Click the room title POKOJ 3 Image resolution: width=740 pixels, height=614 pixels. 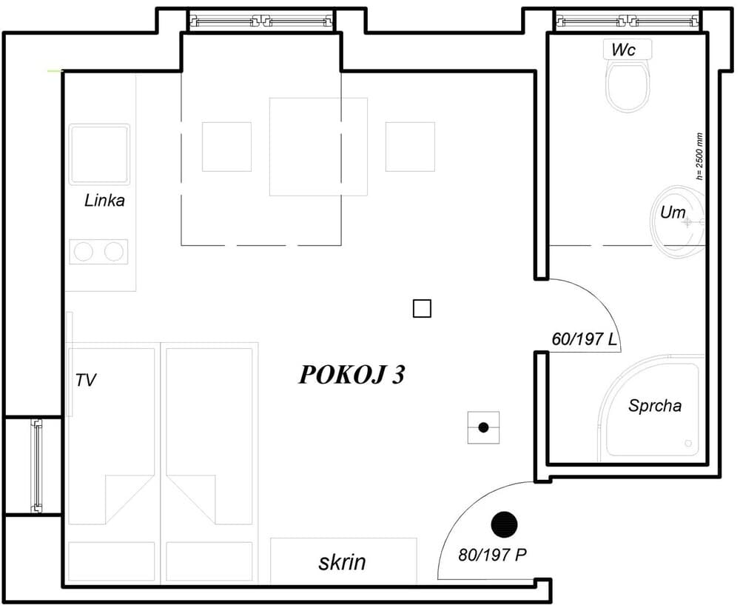click(x=351, y=375)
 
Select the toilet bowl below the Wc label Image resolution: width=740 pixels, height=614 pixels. click(x=628, y=85)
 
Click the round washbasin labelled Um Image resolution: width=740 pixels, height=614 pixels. click(x=679, y=220)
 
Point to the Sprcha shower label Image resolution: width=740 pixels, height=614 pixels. click(x=654, y=406)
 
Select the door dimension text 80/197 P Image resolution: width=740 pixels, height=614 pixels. click(x=492, y=555)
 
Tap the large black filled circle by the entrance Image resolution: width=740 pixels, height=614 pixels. click(x=504, y=524)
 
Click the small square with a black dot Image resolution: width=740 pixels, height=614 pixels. click(x=483, y=427)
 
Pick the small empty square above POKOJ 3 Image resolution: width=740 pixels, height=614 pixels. click(x=422, y=309)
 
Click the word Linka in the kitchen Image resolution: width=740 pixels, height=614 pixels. click(x=104, y=200)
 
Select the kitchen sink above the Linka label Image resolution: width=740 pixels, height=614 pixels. click(x=99, y=154)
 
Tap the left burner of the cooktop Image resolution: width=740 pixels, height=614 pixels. click(x=84, y=252)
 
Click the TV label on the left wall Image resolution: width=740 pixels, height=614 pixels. click(x=86, y=381)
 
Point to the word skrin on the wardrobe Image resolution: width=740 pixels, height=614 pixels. click(x=342, y=562)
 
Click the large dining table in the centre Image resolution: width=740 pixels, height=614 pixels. click(x=318, y=147)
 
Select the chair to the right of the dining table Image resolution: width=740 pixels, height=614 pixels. click(x=410, y=147)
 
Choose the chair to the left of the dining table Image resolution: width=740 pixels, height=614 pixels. click(x=226, y=147)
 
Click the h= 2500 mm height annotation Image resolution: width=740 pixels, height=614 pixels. click(x=699, y=156)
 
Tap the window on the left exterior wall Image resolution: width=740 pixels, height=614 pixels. click(x=36, y=466)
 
